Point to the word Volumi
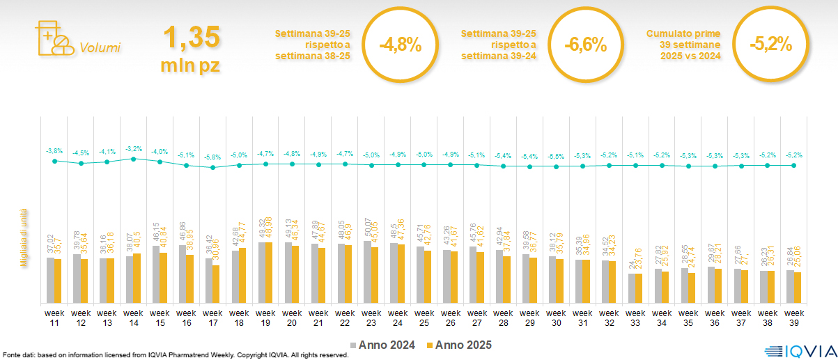(x=100, y=48)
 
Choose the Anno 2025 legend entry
(x=460, y=345)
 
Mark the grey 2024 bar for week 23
(x=367, y=272)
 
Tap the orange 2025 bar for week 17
(x=216, y=284)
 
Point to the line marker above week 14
(x=134, y=159)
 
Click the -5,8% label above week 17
(x=212, y=157)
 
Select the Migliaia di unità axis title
(x=24, y=237)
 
